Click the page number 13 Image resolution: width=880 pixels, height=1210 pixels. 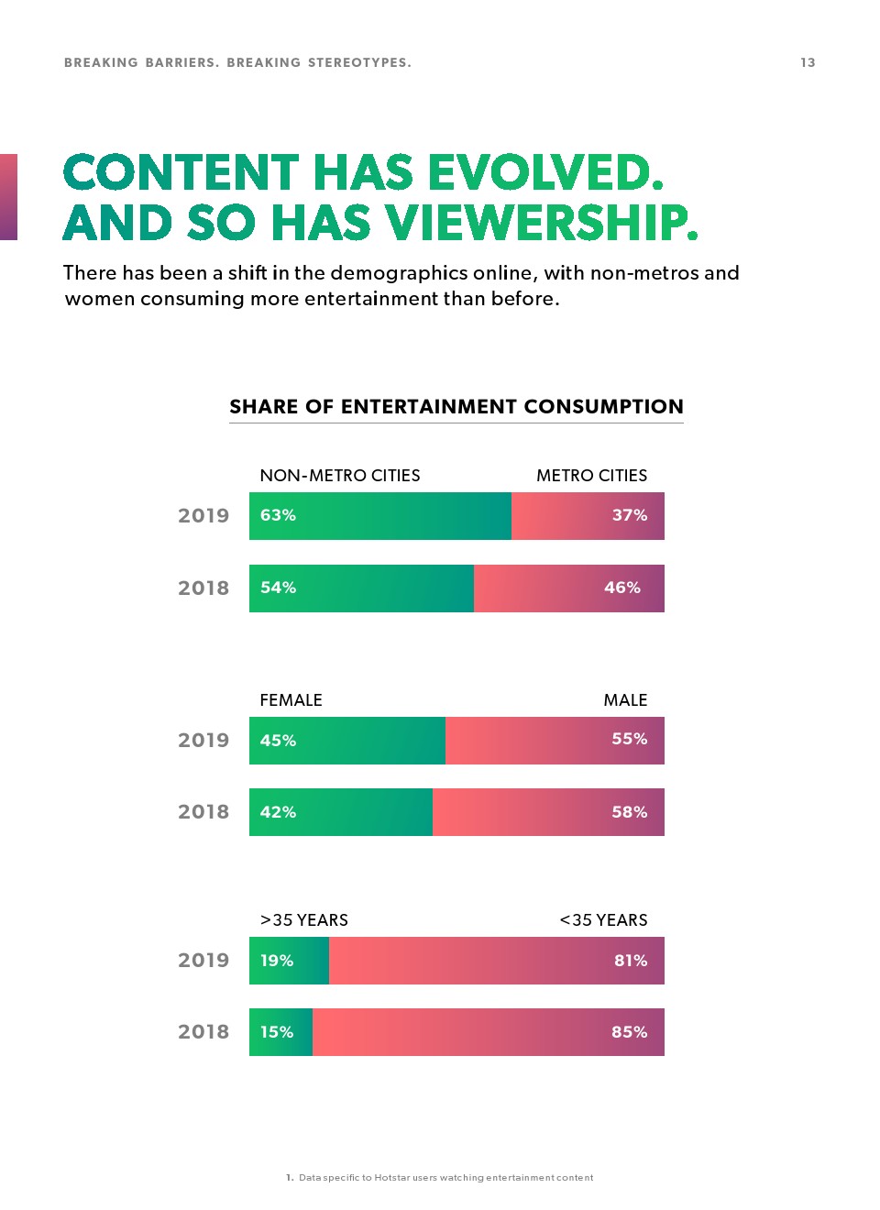point(808,62)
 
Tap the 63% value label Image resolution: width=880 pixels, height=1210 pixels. point(278,515)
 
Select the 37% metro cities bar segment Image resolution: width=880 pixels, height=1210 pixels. point(588,516)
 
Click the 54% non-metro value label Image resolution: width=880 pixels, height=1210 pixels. point(278,588)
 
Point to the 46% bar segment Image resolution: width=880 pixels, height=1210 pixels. point(568,588)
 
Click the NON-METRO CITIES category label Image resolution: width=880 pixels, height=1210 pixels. point(339,475)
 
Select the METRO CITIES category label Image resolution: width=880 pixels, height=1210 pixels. point(591,475)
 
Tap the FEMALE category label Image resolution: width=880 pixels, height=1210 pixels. point(291,699)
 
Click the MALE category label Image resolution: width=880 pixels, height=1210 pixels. point(625,699)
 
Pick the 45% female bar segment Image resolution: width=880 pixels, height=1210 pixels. point(347,741)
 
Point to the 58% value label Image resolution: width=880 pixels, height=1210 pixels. point(629,812)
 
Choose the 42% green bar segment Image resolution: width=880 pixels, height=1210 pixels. point(341,812)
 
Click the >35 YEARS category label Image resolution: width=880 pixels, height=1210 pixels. point(303,919)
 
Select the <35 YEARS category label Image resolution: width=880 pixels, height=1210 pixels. point(603,919)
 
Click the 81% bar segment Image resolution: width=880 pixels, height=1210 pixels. point(496,961)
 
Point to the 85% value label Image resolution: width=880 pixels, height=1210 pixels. point(629,1032)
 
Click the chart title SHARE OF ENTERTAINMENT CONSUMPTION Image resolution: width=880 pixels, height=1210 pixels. point(456,406)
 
